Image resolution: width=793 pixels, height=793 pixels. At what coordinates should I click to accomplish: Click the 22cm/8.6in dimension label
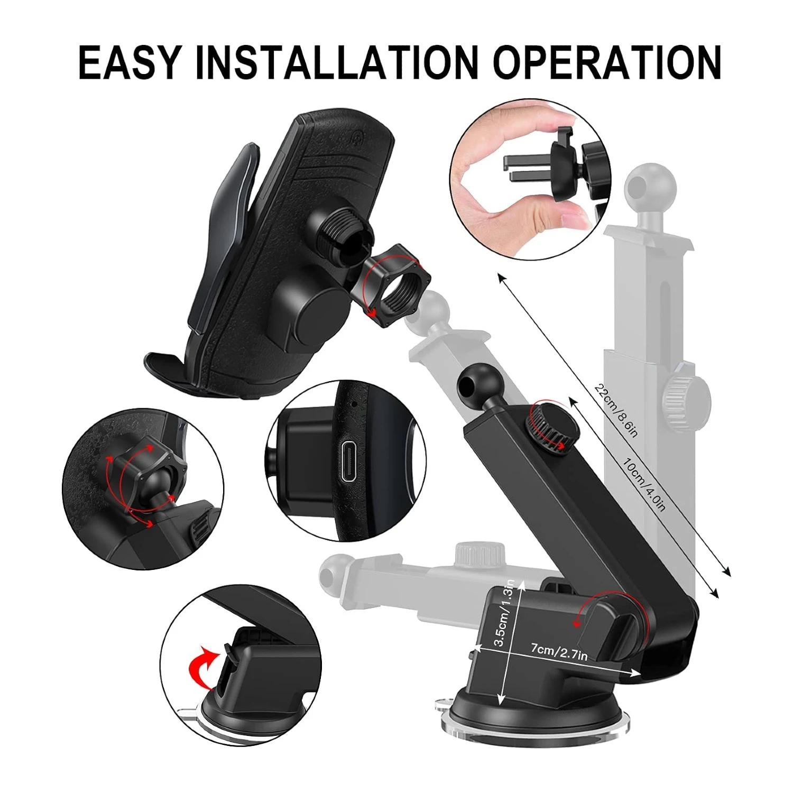(x=616, y=410)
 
